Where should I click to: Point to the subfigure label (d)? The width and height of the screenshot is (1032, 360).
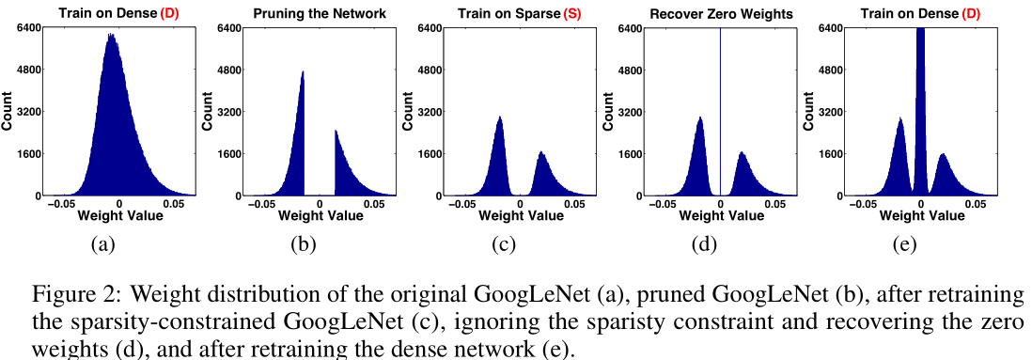tap(704, 245)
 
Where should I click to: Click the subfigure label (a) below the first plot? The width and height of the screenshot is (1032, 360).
tap(102, 245)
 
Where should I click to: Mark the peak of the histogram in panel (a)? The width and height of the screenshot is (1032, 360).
tap(110, 36)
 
